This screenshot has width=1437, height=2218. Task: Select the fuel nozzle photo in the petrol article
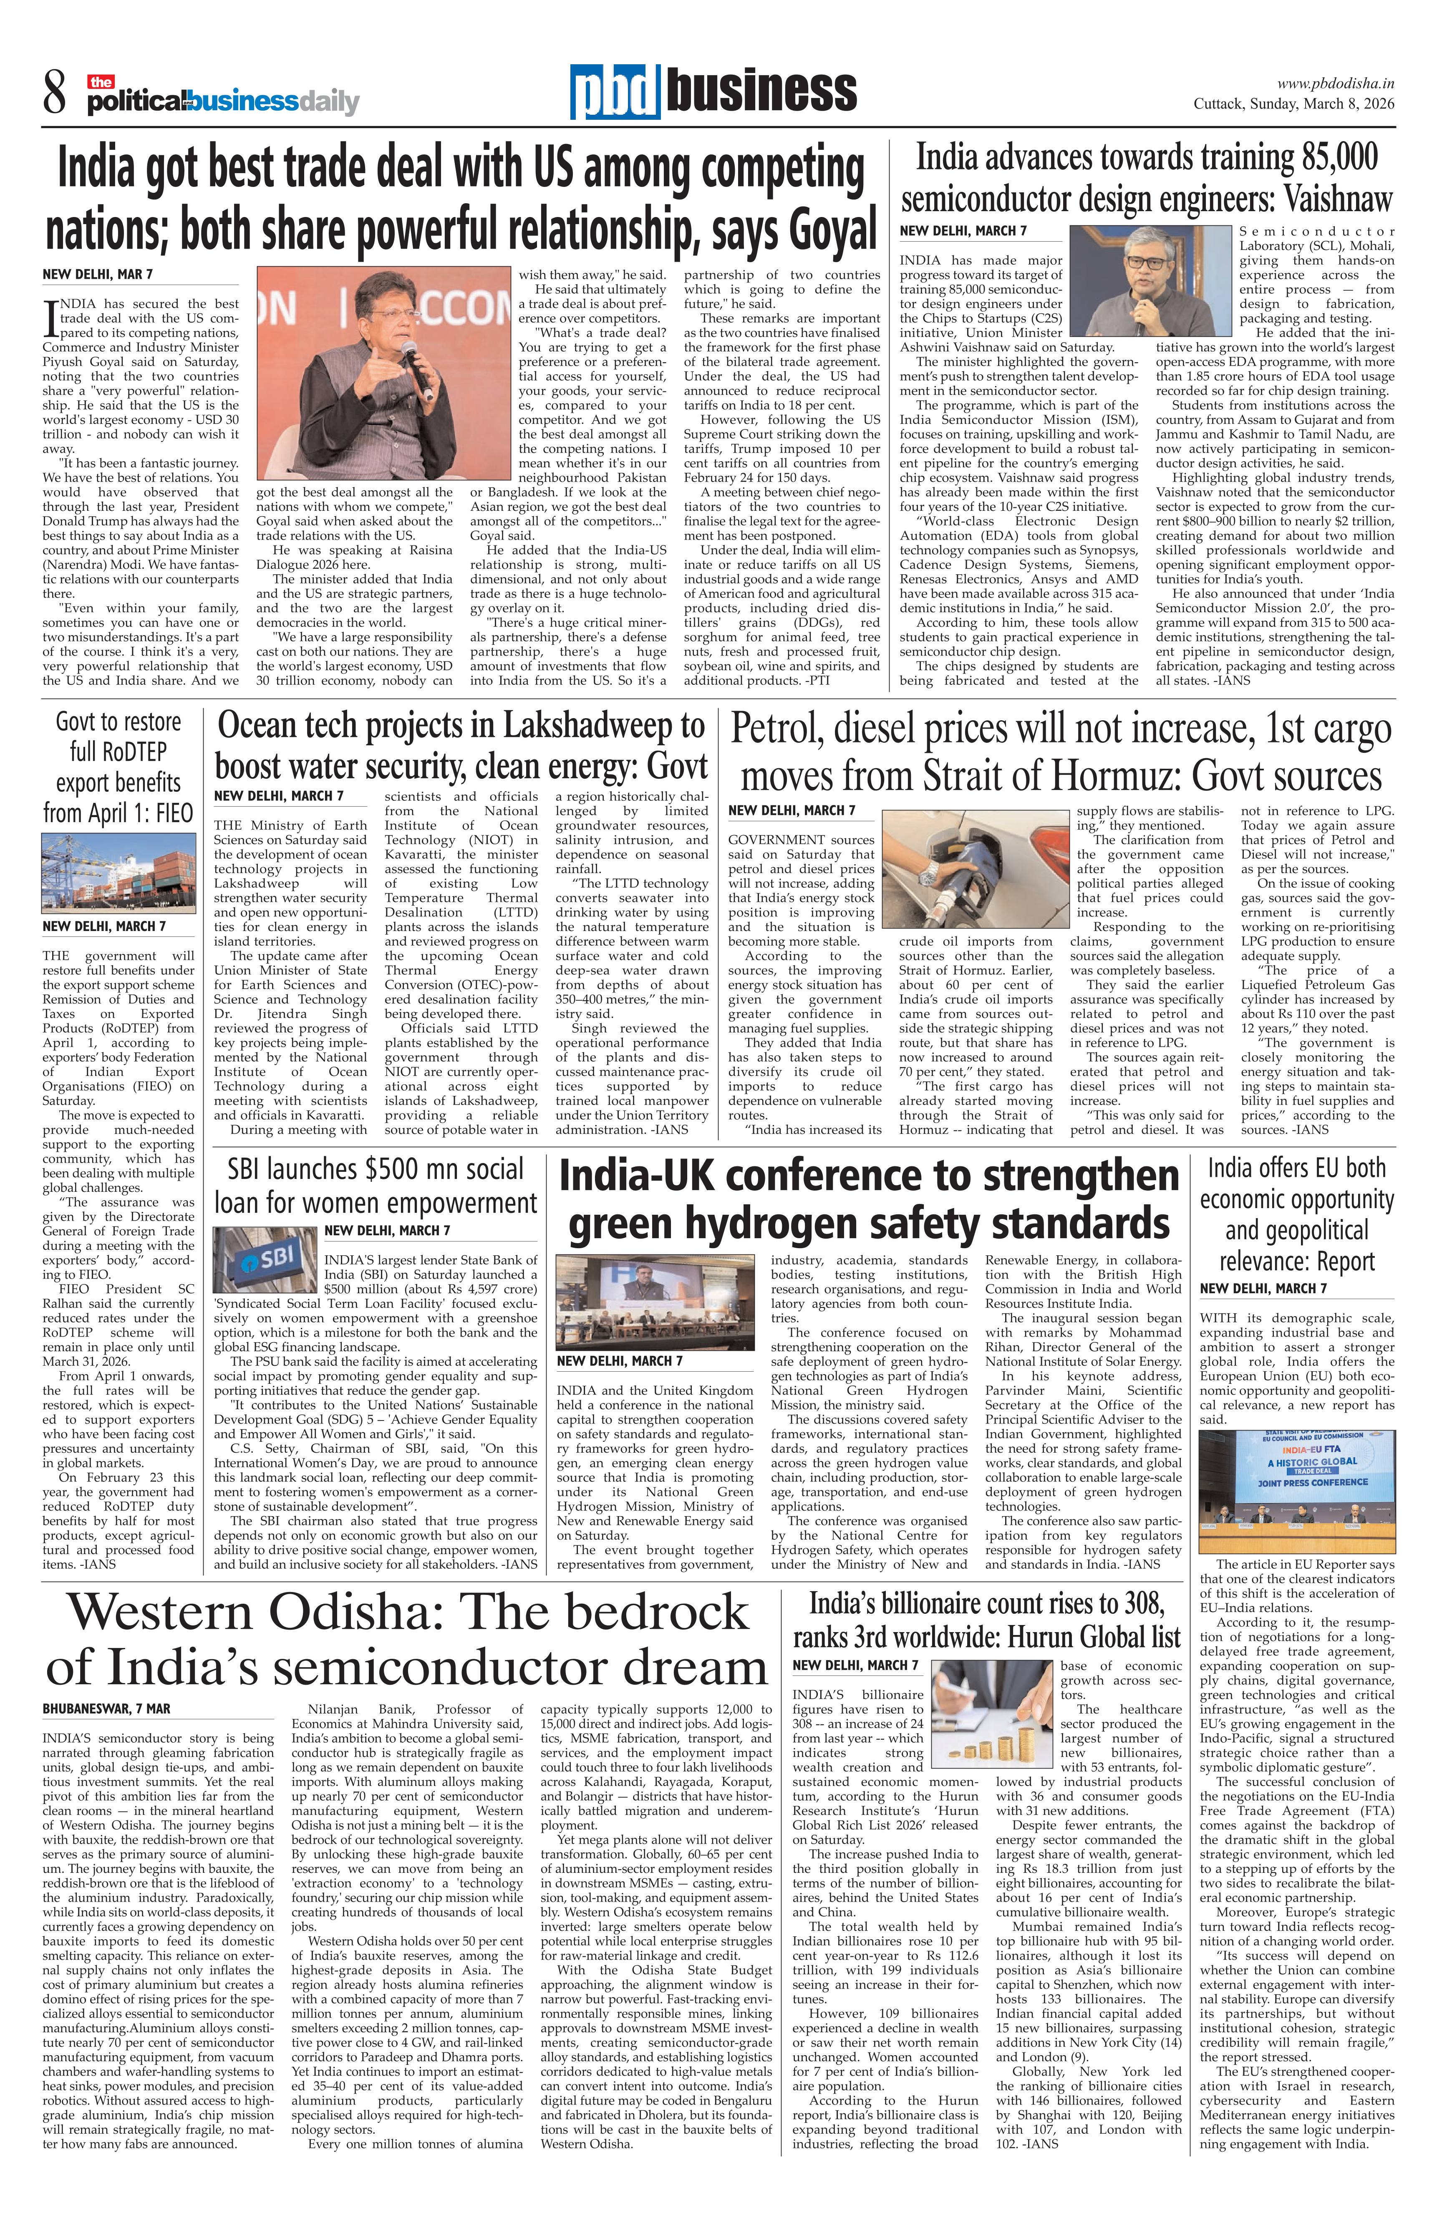[x=975, y=868]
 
